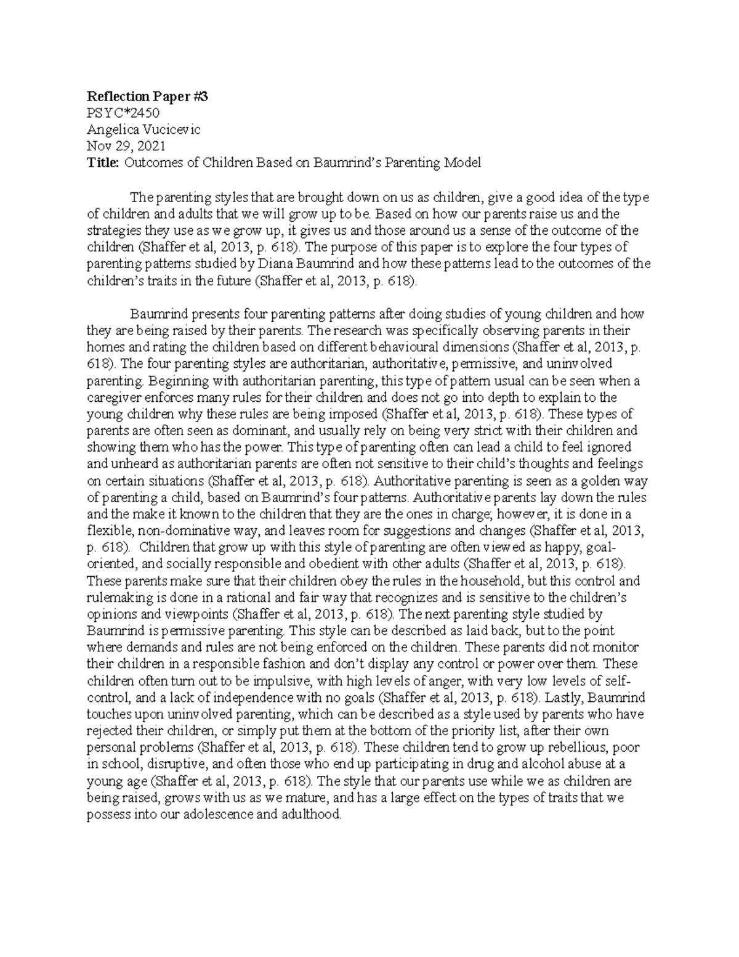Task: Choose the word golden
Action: pos(581,481)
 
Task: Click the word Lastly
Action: pos(564,697)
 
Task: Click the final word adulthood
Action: pos(310,813)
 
